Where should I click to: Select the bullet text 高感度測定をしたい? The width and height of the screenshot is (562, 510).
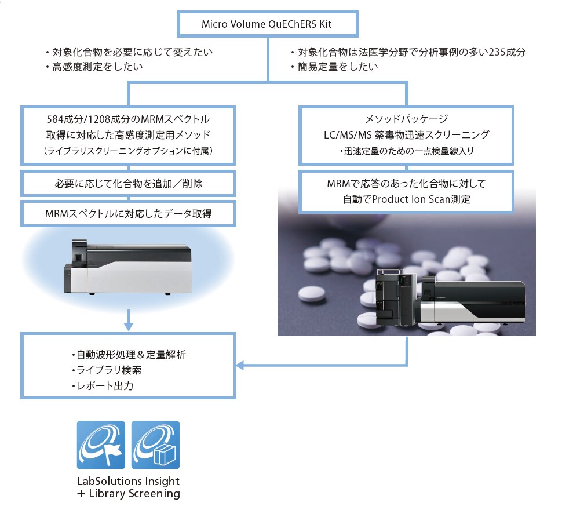tap(97, 67)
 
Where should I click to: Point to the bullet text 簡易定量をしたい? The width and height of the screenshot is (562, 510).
tap(338, 67)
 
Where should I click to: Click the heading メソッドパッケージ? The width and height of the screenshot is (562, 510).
tap(407, 119)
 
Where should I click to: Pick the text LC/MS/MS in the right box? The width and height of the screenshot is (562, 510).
tap(348, 135)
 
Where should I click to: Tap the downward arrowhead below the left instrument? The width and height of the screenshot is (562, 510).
tap(128, 326)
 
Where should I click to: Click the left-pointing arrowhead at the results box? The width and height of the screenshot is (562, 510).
tap(240, 366)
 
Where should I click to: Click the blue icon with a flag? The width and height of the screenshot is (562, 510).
tap(101, 445)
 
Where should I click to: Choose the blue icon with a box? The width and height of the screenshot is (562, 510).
tap(155, 445)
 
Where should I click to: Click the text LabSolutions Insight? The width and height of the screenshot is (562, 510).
tap(128, 481)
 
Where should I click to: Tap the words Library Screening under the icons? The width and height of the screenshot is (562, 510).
tap(134, 494)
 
